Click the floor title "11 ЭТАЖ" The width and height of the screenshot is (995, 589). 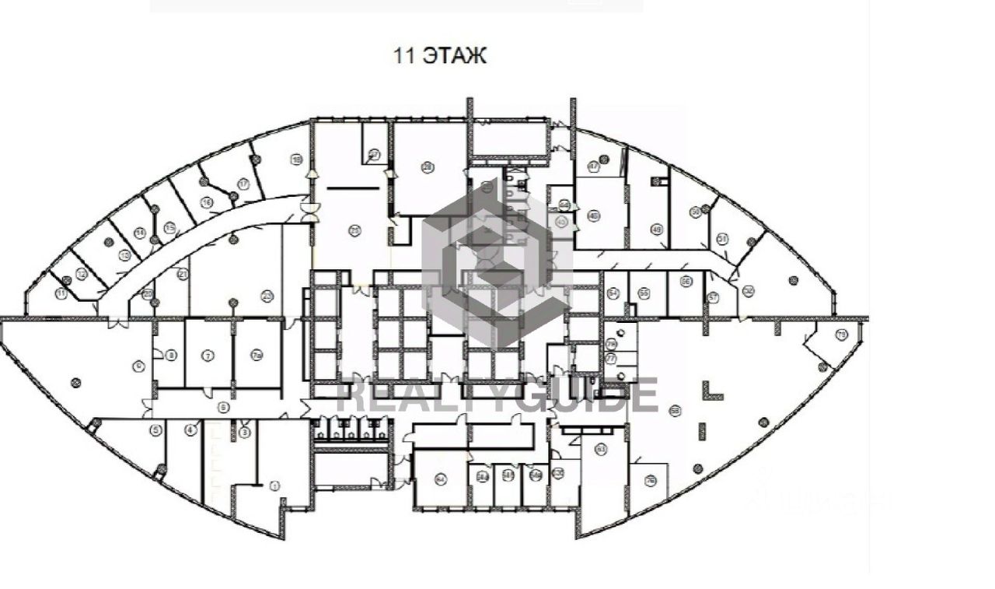[x=439, y=56]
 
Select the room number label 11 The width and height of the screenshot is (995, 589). [x=61, y=293]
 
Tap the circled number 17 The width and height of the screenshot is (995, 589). [x=243, y=184]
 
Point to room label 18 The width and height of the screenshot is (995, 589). [x=295, y=160]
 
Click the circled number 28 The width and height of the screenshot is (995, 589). [x=427, y=167]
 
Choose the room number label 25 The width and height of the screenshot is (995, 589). [x=354, y=230]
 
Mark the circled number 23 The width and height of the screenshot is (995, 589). [x=267, y=295]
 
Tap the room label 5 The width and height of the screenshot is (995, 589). [x=155, y=429]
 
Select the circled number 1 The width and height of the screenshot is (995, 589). [x=274, y=485]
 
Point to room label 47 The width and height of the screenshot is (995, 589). [x=593, y=166]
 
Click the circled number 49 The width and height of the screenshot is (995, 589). [x=657, y=230]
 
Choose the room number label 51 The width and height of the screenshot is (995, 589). [x=722, y=239]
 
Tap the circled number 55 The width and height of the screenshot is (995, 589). [x=644, y=293]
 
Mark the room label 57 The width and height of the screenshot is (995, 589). [x=713, y=296]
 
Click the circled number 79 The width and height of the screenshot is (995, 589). [x=611, y=344]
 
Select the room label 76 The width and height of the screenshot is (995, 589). [x=651, y=479]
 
